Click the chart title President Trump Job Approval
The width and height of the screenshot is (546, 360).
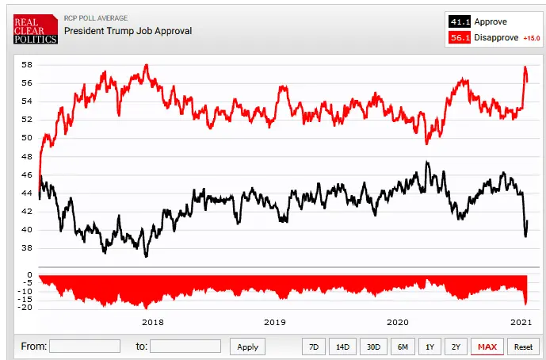[x=128, y=31]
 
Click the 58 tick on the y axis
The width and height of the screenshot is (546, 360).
[x=26, y=65]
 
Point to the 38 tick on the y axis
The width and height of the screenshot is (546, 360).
[x=26, y=248]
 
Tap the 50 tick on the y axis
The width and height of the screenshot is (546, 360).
[x=26, y=138]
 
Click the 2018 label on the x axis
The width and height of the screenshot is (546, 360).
[x=152, y=322]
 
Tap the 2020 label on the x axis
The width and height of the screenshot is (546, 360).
[x=397, y=322]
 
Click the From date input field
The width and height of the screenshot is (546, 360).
[x=85, y=347]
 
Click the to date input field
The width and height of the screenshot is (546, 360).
[x=185, y=347]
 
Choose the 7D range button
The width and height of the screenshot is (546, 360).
[x=314, y=347]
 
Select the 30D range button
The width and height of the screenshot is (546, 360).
[x=372, y=347]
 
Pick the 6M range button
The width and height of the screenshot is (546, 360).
[x=403, y=347]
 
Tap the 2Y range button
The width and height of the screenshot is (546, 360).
[x=455, y=347]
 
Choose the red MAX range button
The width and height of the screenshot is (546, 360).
[x=487, y=347]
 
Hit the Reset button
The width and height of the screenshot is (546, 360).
[x=523, y=347]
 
